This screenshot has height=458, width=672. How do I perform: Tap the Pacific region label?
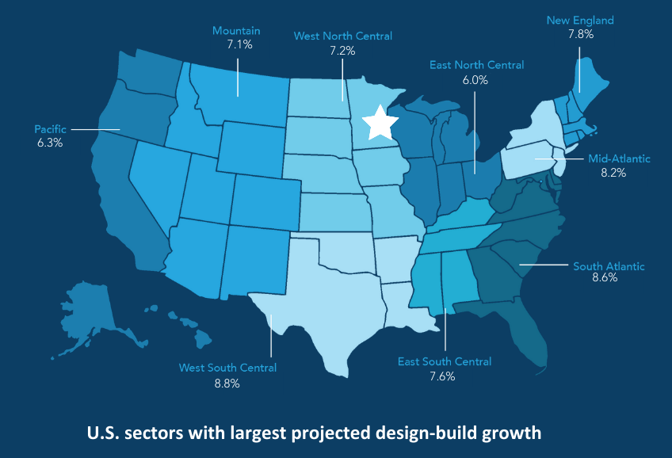point(49,128)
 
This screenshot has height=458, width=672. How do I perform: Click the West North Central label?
point(342,36)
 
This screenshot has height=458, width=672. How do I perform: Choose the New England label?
point(580,20)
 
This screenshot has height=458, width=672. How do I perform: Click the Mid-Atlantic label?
point(619,158)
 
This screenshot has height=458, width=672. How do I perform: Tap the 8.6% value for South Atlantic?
point(605,279)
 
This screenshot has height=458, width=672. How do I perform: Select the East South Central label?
point(444,361)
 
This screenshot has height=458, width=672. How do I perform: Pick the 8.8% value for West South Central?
point(227,383)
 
